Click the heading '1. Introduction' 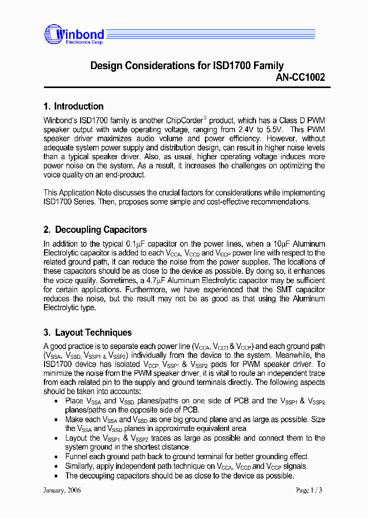(x=74, y=106)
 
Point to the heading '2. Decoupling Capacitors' (x=95, y=230)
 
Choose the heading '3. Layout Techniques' (x=87, y=333)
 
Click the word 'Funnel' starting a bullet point (x=77, y=457)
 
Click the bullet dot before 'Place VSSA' (x=56, y=401)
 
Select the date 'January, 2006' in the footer (x=62, y=490)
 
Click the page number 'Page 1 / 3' (x=309, y=490)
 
